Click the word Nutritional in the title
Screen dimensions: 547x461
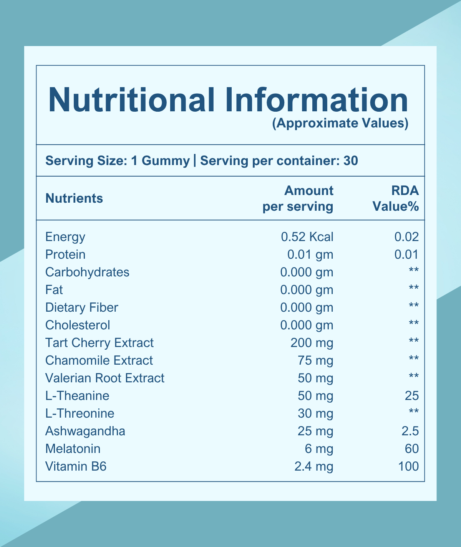131,100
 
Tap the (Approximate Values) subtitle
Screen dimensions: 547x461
340,123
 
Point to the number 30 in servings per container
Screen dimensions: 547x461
350,160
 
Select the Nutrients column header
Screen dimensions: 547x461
74,198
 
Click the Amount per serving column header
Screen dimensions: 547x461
298,198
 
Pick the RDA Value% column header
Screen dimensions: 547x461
396,198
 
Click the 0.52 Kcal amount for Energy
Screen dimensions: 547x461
307,237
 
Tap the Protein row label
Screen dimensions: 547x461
65,254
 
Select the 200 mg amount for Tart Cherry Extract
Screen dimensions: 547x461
312,343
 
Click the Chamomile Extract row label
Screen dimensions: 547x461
99,360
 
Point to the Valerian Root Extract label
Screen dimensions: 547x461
105,378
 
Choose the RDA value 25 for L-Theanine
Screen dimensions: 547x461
411,396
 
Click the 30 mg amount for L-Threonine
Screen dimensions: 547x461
315,413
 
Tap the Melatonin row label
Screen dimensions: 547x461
73,449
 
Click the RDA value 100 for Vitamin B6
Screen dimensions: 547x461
408,466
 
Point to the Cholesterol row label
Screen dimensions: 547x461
78,325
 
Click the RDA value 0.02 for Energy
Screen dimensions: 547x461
406,237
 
